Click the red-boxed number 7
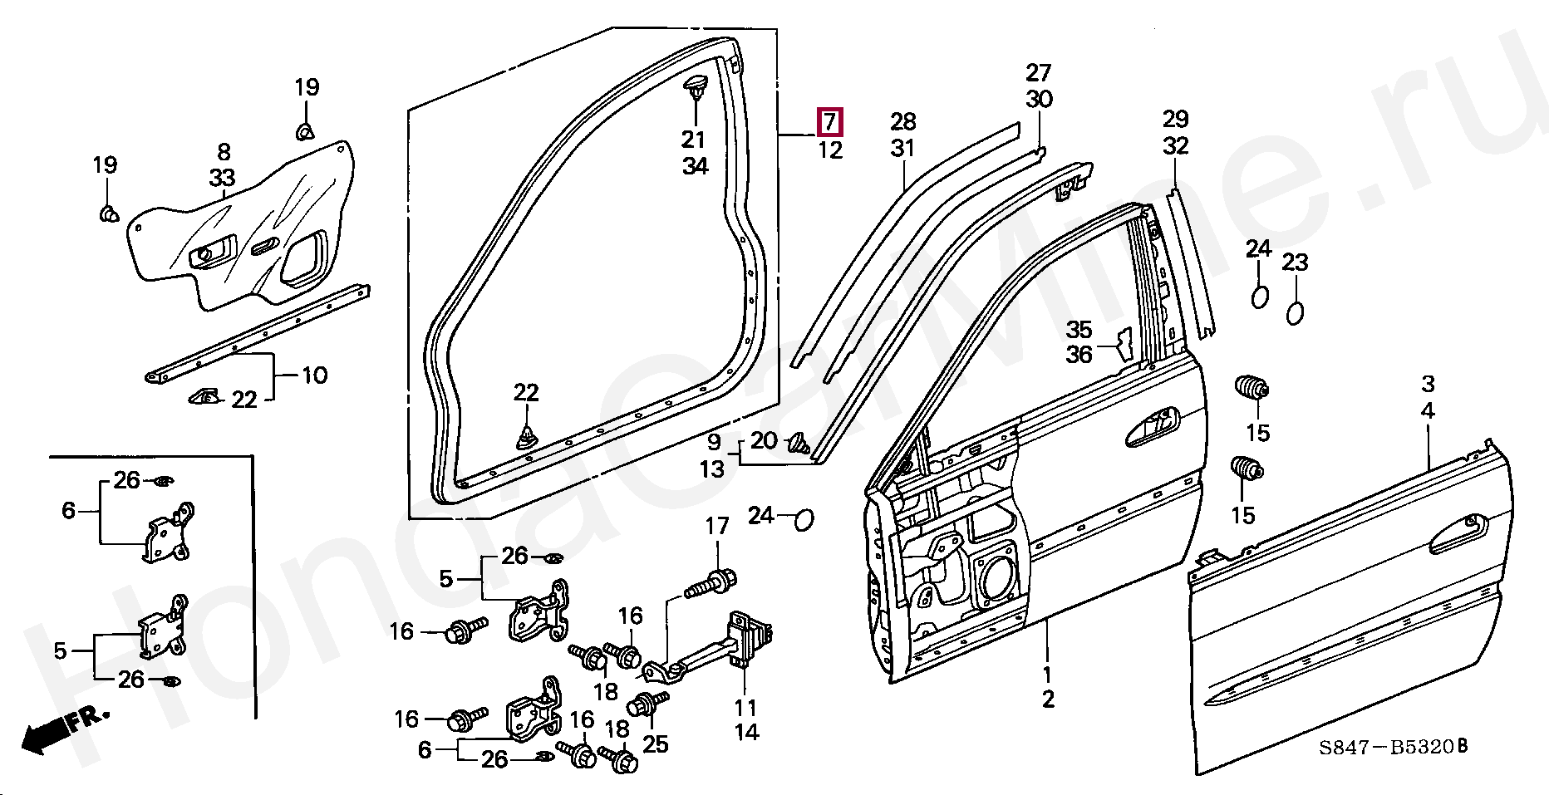(x=830, y=122)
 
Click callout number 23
(x=1295, y=263)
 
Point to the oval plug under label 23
(x=1294, y=314)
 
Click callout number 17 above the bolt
(x=717, y=526)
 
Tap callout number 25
(x=656, y=744)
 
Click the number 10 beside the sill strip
(x=314, y=375)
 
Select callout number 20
(x=764, y=441)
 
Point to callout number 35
(x=1079, y=330)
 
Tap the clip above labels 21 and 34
(x=695, y=87)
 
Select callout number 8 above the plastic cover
(x=224, y=152)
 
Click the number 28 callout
(x=902, y=122)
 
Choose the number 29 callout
(x=1176, y=119)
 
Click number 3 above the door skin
(x=1428, y=384)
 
